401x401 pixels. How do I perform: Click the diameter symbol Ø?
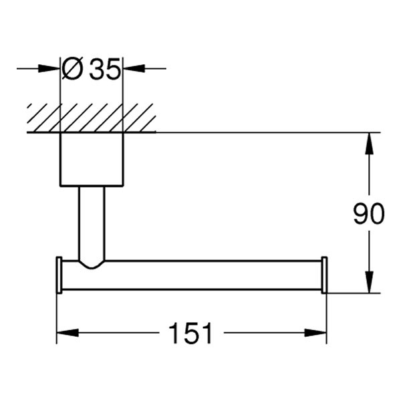72,69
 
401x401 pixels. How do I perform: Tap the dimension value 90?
369,214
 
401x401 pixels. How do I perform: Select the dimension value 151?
190,333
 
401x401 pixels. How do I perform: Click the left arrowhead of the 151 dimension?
65,333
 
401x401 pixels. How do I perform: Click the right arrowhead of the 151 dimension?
318,333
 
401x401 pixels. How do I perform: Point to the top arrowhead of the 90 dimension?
368,142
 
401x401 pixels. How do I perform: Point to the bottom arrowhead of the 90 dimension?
368,283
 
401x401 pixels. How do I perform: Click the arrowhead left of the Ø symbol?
52,68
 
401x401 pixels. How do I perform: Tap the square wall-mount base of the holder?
92,159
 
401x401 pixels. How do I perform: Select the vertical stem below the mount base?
92,221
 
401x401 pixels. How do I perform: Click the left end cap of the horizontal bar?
59,275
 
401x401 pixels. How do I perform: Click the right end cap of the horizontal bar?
324,275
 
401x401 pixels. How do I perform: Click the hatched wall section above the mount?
92,118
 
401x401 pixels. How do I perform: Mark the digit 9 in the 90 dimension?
361,214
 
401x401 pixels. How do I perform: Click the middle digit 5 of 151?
190,333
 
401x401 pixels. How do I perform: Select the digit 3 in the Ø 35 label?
97,69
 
